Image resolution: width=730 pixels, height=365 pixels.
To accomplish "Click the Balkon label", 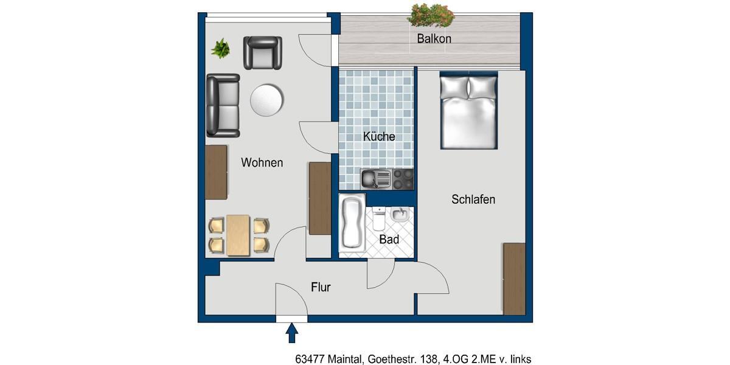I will click(x=434, y=39).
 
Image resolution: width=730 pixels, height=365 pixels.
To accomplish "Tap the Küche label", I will click(x=379, y=136).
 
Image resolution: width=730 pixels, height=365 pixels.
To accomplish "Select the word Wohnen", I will click(x=262, y=162).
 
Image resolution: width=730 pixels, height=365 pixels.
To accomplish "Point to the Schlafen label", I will click(x=473, y=199).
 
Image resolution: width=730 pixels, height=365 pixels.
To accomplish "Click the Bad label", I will click(x=389, y=240).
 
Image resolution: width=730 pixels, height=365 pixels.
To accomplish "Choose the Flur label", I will click(x=321, y=287).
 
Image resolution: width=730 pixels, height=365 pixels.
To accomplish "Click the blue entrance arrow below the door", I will click(x=292, y=333).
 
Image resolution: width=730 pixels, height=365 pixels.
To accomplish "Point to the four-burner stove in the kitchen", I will click(x=403, y=179).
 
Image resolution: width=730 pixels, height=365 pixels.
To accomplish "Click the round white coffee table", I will click(x=266, y=99).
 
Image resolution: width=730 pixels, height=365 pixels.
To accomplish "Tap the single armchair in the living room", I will click(x=263, y=52).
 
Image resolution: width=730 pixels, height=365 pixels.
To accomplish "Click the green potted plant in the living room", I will click(x=220, y=48).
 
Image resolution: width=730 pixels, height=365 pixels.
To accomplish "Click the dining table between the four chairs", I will click(x=238, y=235).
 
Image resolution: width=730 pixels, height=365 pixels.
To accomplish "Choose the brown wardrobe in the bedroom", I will click(x=514, y=279).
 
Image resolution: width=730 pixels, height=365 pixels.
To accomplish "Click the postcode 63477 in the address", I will click(x=310, y=360).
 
